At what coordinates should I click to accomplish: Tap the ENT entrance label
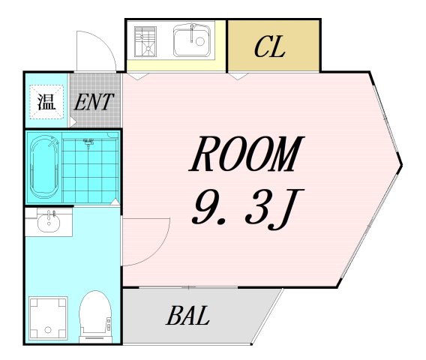click(95, 102)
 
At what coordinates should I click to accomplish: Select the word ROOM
click(246, 156)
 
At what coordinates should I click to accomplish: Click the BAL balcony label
click(188, 315)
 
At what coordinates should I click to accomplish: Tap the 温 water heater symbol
click(46, 101)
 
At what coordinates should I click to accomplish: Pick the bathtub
click(43, 168)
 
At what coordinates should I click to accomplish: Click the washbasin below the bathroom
click(49, 221)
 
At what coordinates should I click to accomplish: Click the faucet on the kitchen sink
click(193, 30)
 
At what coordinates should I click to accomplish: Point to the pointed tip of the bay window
click(400, 163)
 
